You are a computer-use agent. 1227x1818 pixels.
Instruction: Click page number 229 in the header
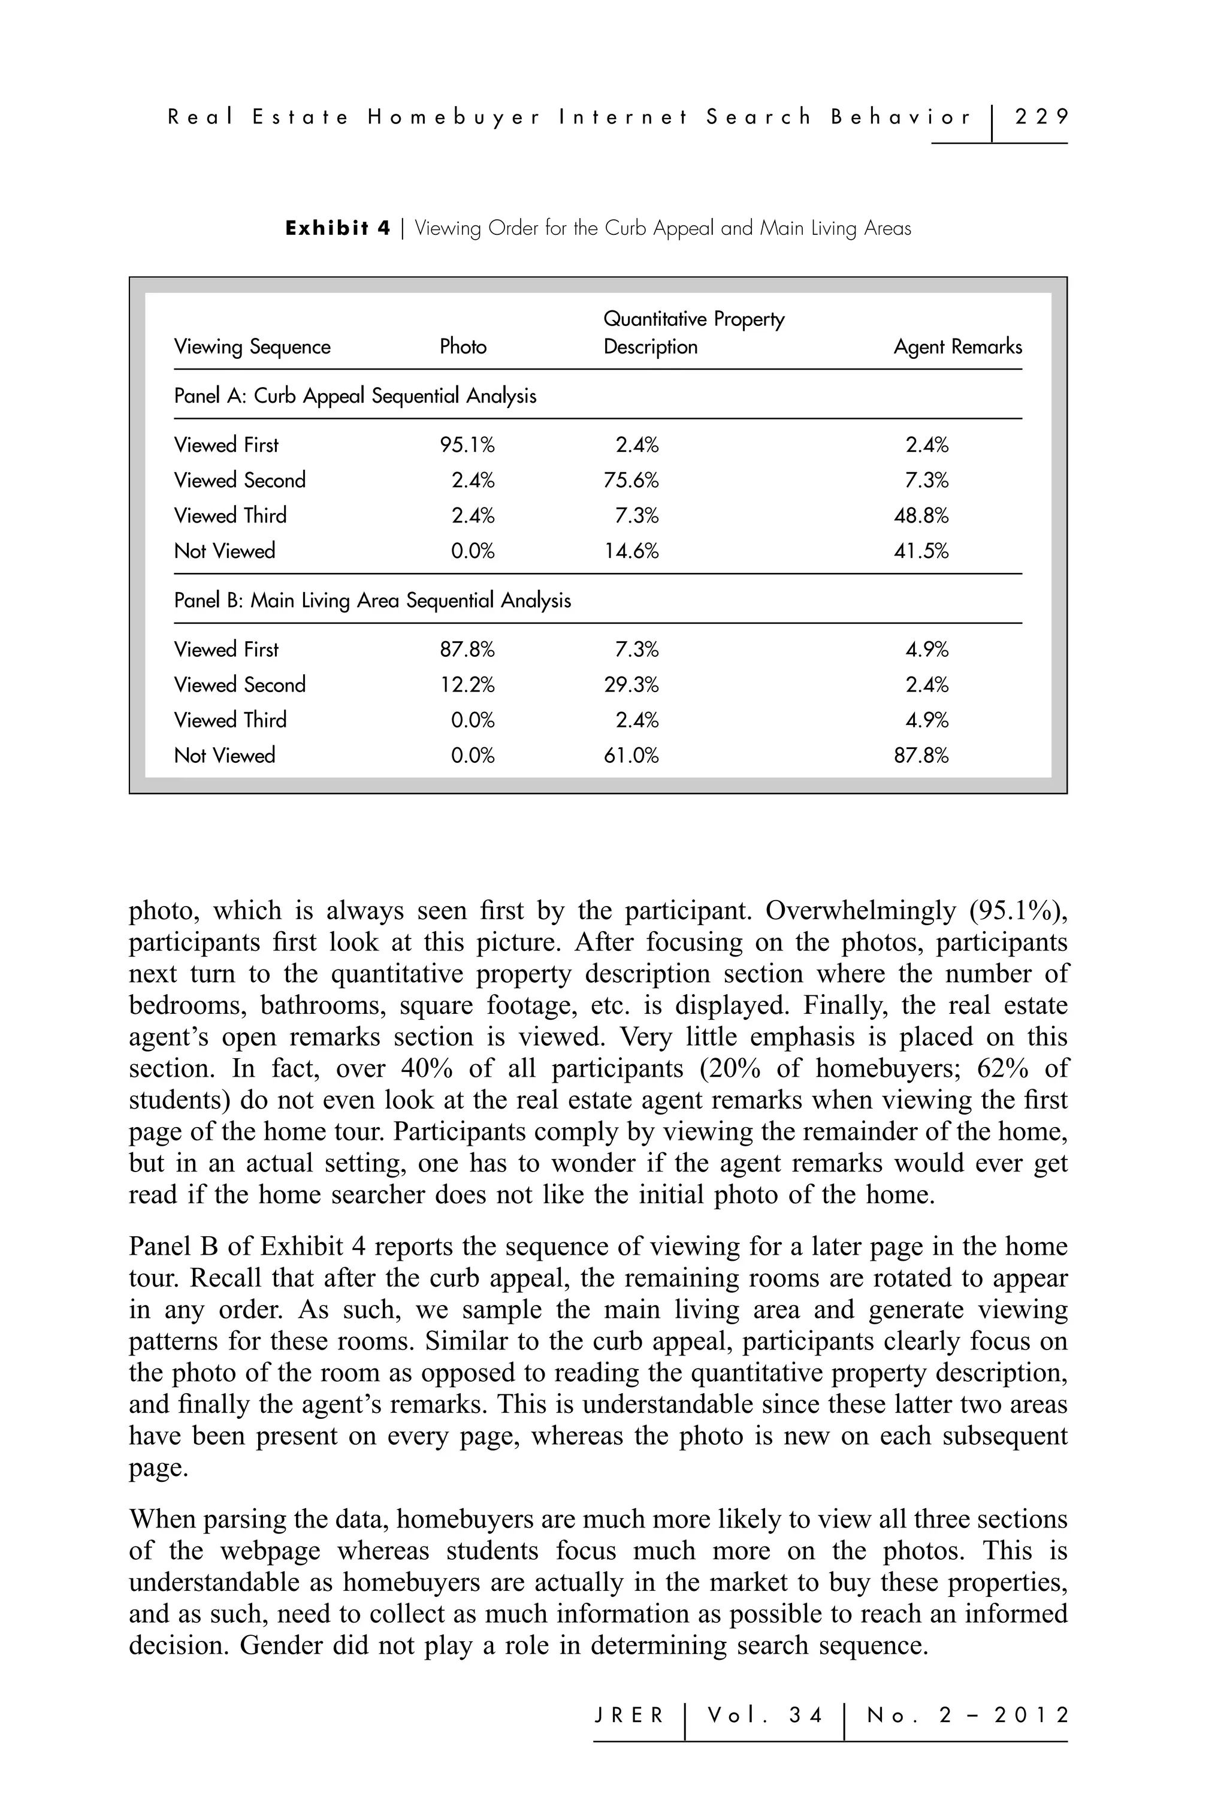pyautogui.click(x=1040, y=117)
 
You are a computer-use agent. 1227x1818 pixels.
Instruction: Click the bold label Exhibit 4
pyautogui.click(x=337, y=228)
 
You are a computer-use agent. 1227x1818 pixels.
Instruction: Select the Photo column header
pyautogui.click(x=463, y=346)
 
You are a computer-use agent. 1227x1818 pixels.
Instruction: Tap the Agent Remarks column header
pyautogui.click(x=957, y=346)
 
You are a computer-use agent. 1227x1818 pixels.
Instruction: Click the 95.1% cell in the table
pyautogui.click(x=467, y=445)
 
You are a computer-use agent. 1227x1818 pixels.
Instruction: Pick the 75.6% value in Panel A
pyautogui.click(x=630, y=481)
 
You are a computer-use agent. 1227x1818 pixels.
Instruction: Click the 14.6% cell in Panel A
pyautogui.click(x=630, y=551)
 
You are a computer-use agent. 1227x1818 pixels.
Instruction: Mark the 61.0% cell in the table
pyautogui.click(x=630, y=755)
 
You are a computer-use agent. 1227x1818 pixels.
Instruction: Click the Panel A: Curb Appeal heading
pyautogui.click(x=355, y=396)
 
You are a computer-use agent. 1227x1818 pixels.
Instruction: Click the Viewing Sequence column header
pyautogui.click(x=252, y=346)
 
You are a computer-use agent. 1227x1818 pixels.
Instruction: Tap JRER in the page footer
pyautogui.click(x=628, y=1716)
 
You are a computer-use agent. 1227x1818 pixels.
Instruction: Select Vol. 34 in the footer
pyautogui.click(x=765, y=1716)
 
